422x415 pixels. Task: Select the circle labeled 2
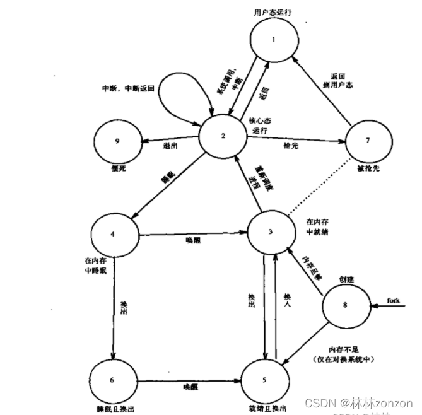[223, 133]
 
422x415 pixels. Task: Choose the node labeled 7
[365, 139]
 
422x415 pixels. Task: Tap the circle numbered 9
[117, 140]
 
